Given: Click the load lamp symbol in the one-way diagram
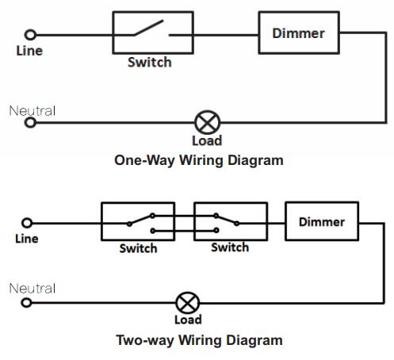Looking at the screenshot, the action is pos(208,122).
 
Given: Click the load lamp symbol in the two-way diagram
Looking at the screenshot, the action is pos(188,303).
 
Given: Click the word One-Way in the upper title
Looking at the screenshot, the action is pos(144,160).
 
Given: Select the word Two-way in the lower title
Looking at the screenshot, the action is pos(145,340).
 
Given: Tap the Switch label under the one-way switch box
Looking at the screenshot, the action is pos(150,63).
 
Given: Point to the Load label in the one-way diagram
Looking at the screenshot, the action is pos(207,140).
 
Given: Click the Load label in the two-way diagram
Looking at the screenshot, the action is pos(188,320).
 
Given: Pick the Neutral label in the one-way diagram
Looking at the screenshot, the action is pos(33,111).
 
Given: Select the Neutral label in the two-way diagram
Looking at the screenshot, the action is pos(33,289).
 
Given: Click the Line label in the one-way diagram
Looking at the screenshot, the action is pos(29,51).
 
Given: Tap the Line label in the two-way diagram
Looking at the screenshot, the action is pos(27,239).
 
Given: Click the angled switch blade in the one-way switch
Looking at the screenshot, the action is pos(148,28).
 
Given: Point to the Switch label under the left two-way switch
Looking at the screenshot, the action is pos(138,248).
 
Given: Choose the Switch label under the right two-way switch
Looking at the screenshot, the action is pos(230,247).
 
